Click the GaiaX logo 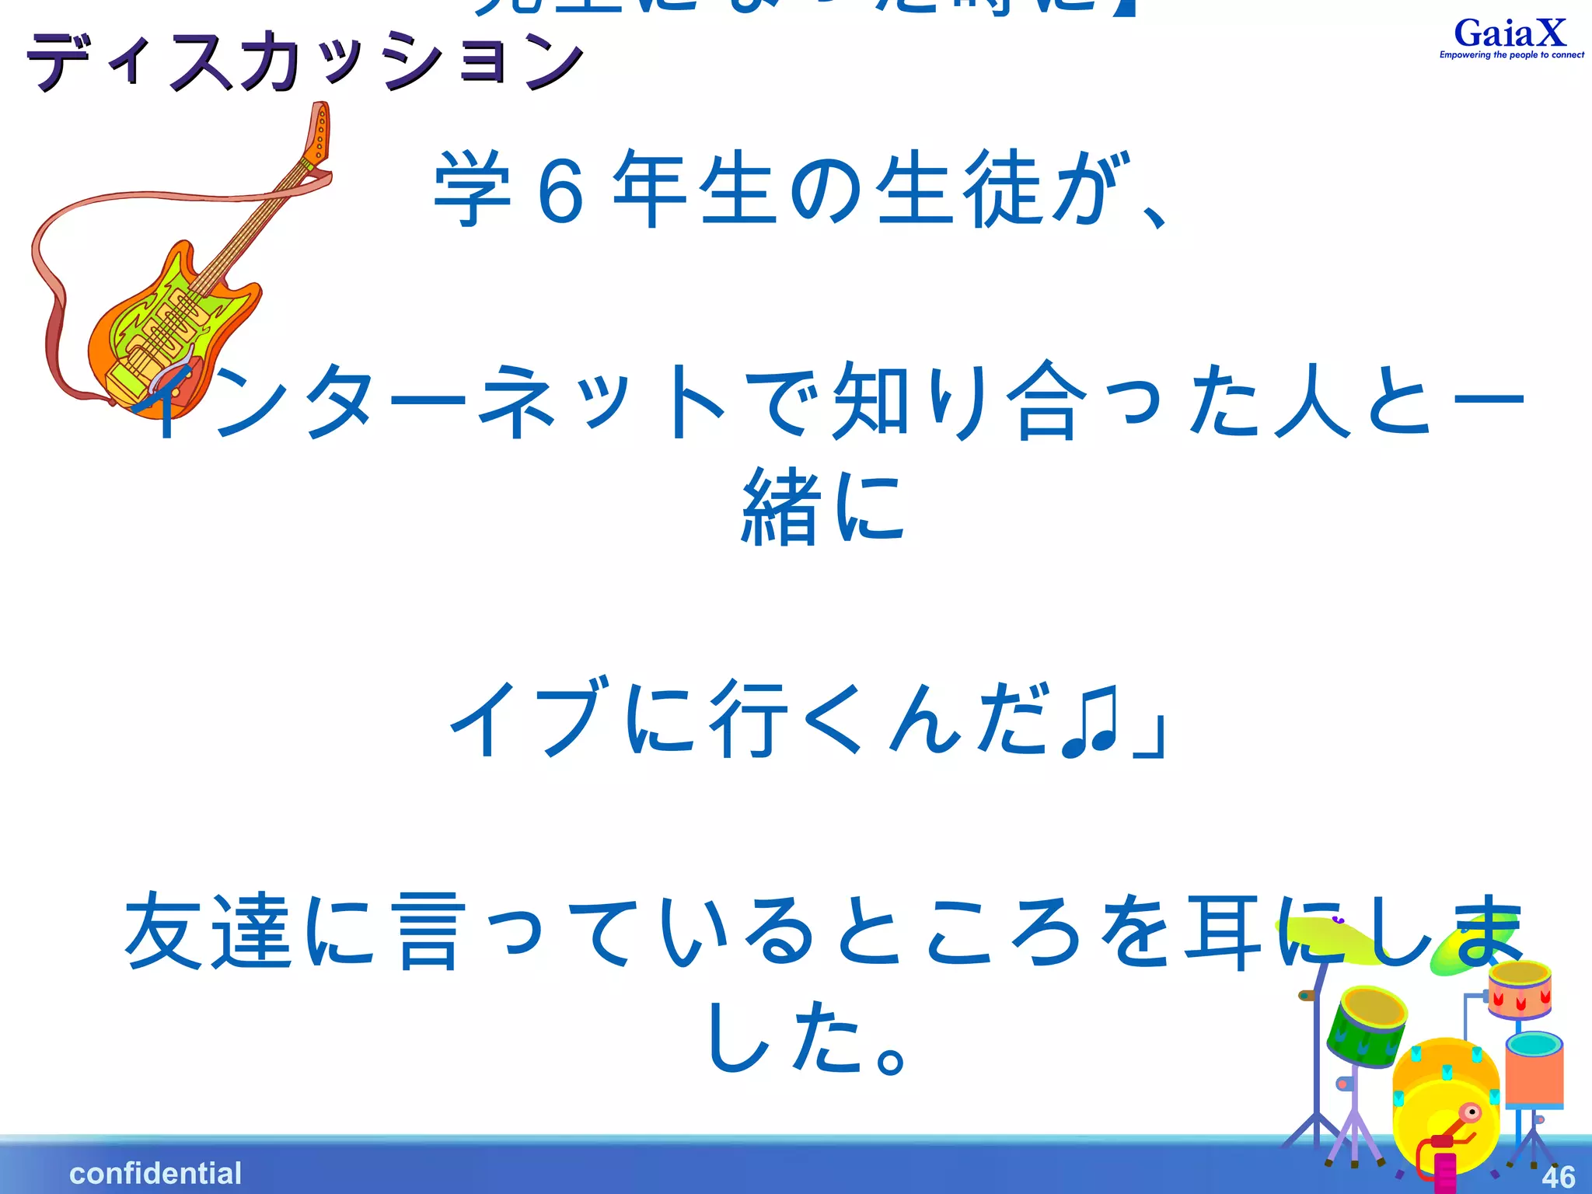(1510, 34)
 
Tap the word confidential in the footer (155, 1173)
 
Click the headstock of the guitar (319, 132)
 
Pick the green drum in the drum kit (1367, 1026)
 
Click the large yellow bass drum (1446, 1104)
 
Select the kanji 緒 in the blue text (781, 509)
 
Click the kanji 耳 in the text (1220, 933)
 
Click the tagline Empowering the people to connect (1511, 55)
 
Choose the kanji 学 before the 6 (472, 189)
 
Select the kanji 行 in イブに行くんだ (746, 719)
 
